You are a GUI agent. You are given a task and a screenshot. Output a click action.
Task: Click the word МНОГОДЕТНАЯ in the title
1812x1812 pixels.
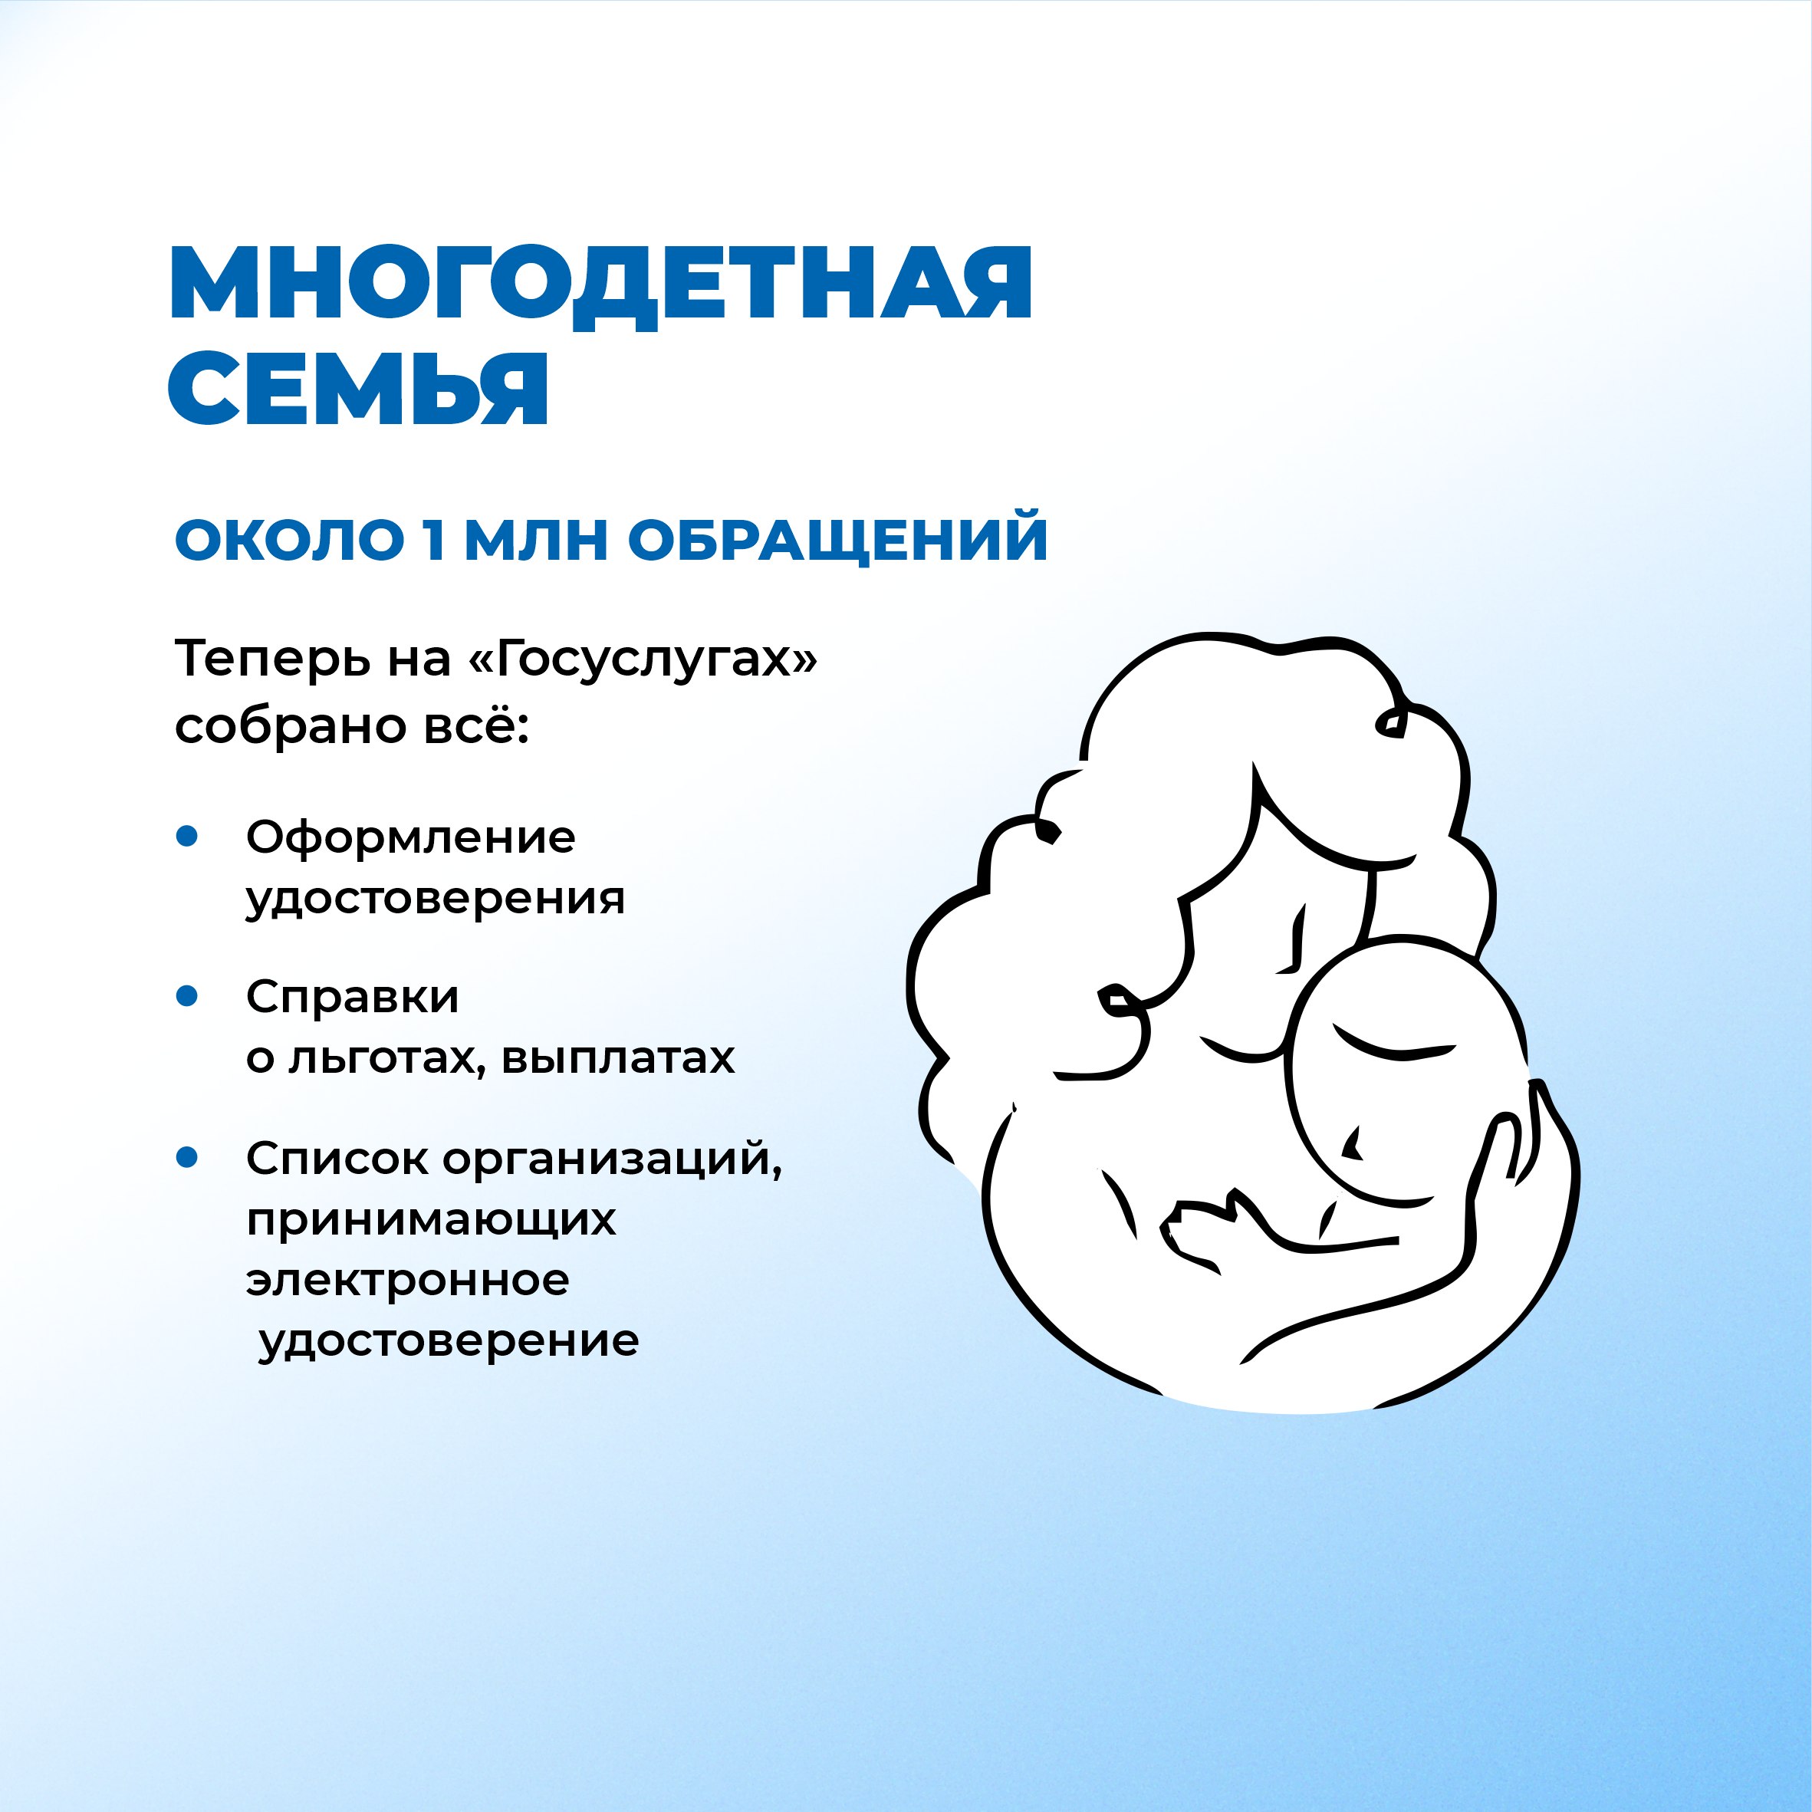600,286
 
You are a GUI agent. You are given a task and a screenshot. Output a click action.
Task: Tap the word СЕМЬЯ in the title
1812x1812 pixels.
357,387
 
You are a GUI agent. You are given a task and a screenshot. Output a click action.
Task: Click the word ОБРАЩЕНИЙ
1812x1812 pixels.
837,541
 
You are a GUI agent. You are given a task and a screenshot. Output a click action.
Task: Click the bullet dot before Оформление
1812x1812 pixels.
188,836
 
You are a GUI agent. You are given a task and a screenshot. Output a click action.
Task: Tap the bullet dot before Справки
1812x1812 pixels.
188,996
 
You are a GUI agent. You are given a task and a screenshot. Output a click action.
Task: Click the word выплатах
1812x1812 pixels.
618,1059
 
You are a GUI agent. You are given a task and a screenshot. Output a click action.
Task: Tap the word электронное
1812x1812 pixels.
408,1281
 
